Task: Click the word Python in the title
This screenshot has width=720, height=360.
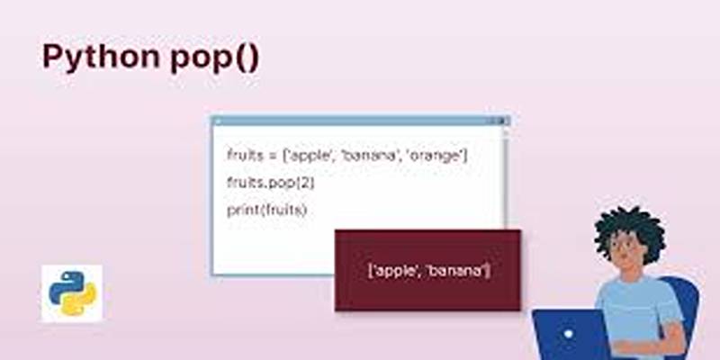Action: click(x=101, y=58)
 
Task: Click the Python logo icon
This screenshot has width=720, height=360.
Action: click(x=72, y=293)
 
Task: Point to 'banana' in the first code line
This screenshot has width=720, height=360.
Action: click(x=370, y=156)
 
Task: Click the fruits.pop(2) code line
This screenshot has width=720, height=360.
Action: click(x=271, y=183)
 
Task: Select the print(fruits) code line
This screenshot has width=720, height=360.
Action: click(x=266, y=210)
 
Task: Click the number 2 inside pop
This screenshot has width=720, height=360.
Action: click(x=304, y=183)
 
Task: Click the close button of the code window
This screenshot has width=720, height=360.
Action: click(x=501, y=121)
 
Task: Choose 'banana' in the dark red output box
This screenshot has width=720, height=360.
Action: click(x=455, y=271)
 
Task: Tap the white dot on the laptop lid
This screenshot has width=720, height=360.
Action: click(x=569, y=334)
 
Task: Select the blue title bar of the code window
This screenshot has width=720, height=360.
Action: click(x=360, y=121)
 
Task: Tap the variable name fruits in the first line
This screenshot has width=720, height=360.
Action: click(x=245, y=155)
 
